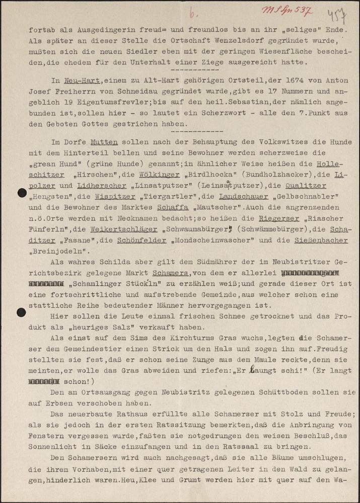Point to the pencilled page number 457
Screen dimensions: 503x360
333,15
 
